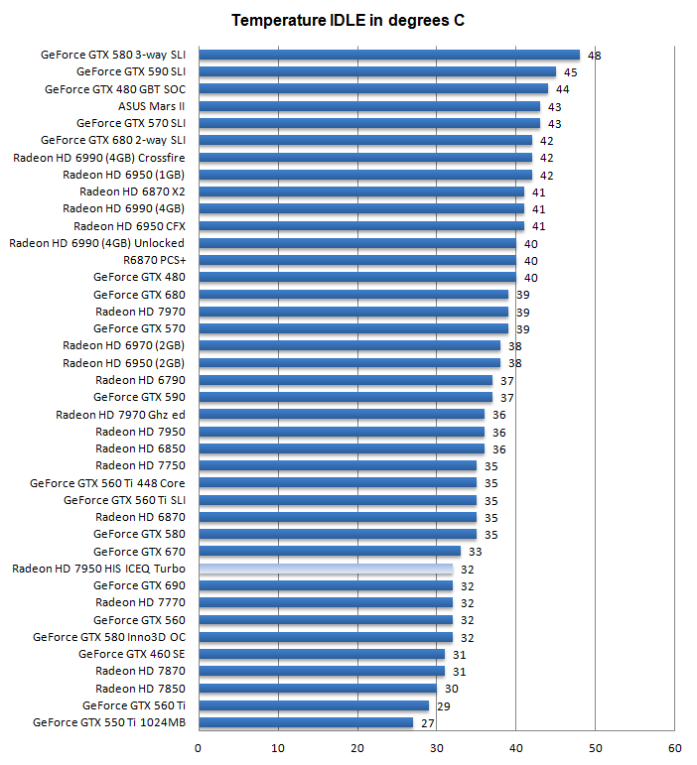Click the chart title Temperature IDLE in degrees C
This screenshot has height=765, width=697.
click(348, 20)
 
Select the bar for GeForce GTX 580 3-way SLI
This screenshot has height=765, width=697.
click(388, 55)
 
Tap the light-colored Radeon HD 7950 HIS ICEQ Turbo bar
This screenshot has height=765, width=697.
click(326, 569)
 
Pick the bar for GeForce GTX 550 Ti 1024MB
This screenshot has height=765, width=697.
click(306, 722)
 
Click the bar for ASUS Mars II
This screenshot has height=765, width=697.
click(369, 106)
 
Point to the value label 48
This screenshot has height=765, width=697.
click(594, 56)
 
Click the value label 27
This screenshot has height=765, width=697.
click(428, 723)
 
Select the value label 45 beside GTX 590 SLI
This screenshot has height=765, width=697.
click(570, 72)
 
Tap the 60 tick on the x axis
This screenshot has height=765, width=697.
click(675, 747)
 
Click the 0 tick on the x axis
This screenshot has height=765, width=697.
click(199, 747)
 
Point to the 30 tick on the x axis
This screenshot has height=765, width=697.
click(437, 747)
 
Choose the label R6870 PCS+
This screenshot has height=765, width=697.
click(154, 260)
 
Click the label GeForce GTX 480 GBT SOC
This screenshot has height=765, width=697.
click(115, 89)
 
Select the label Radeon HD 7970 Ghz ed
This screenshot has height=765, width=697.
click(120, 414)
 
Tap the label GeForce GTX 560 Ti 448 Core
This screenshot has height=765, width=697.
click(107, 483)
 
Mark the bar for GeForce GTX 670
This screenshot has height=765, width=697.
click(330, 552)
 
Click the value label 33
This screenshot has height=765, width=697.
click(475, 552)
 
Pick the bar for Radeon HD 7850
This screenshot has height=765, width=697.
click(318, 689)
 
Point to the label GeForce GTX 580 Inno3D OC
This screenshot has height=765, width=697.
click(109, 637)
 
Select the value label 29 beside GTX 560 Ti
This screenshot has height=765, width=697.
click(443, 705)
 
